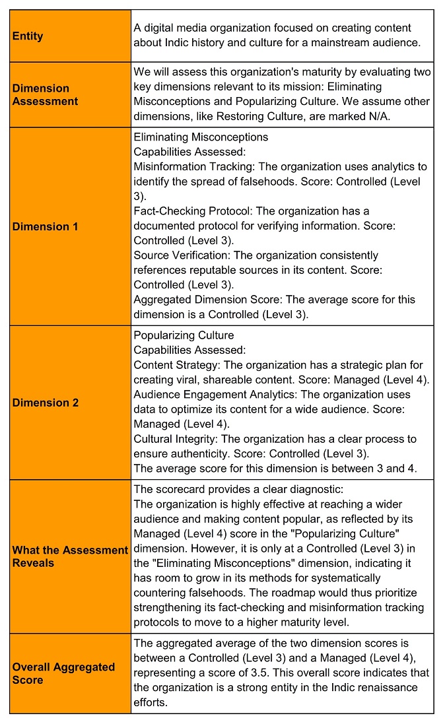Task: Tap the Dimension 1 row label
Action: click(45, 226)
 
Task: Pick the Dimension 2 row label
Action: click(45, 403)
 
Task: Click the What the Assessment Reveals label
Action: click(70, 556)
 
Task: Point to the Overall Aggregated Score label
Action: click(63, 673)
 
